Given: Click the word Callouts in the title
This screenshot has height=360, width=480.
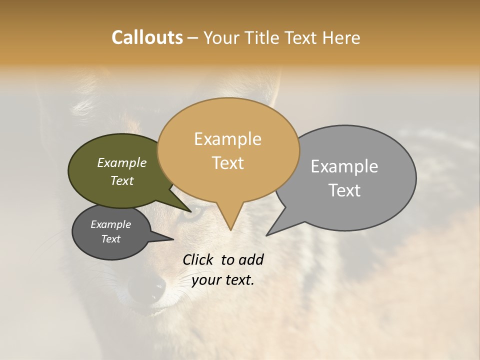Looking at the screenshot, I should coord(147,37).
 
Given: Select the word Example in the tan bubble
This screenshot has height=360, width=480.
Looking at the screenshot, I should coord(227,139).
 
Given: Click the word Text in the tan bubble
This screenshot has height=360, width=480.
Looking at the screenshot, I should coord(228,163).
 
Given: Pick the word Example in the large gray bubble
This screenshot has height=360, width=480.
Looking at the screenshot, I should coord(344,166).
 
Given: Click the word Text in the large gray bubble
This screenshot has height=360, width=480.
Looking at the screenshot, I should coord(345,190).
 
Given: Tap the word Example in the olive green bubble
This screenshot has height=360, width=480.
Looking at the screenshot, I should coord(121,163).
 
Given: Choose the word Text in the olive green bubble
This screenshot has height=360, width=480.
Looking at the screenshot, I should coord(122,181).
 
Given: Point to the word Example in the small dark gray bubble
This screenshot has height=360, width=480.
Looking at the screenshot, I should coord(110,224).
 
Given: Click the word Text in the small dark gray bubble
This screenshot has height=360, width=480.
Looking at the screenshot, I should coord(110,239).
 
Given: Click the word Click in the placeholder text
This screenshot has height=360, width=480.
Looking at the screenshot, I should coord(199,259).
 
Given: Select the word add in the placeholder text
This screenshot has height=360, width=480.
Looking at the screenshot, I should coord(251,259).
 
